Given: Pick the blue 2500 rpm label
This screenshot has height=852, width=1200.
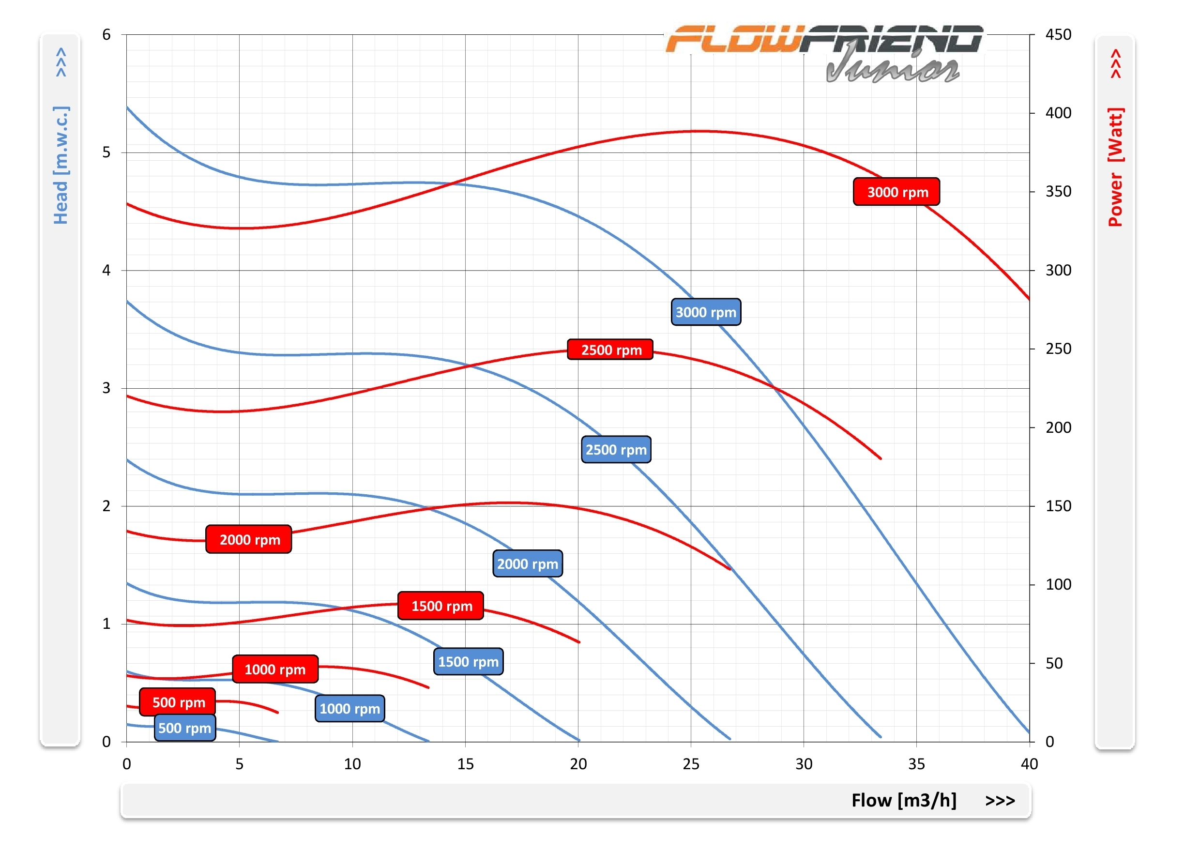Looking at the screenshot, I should [616, 450].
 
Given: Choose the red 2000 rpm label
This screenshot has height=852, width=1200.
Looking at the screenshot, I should [249, 539].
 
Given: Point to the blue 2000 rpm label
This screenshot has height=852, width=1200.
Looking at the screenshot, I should [527, 564].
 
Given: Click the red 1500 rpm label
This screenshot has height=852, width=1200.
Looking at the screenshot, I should [441, 606].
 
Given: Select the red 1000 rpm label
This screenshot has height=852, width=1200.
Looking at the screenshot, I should [275, 669].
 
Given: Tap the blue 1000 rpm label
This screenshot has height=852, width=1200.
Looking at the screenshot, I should [349, 709].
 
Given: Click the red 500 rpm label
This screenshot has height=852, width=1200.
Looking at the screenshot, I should [178, 702].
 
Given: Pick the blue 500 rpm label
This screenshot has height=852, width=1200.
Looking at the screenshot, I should [184, 728].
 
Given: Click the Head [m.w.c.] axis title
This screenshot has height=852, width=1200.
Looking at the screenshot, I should [61, 165].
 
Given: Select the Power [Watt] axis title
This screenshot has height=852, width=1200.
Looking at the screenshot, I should [1115, 167].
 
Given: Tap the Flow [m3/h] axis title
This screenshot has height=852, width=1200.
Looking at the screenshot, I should [904, 801].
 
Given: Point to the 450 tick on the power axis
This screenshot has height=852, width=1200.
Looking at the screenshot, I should [1058, 35].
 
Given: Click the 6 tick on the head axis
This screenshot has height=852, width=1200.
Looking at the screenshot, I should [106, 35].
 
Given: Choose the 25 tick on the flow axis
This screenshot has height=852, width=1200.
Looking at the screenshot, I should [691, 764].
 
